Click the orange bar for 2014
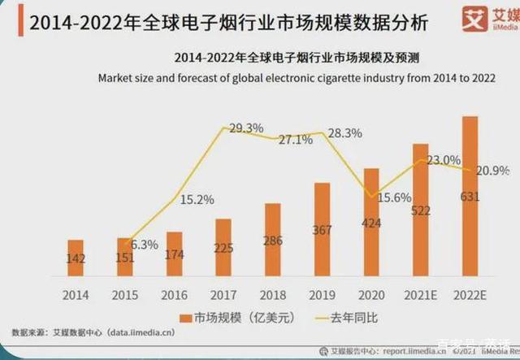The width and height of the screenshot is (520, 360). click(76, 258)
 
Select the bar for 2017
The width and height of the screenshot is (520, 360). click(223, 247)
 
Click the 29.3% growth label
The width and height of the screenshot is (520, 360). click(246, 128)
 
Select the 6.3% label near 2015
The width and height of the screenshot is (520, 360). click(143, 244)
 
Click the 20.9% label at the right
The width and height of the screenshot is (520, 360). click(492, 170)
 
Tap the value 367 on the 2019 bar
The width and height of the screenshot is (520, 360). click(321, 230)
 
